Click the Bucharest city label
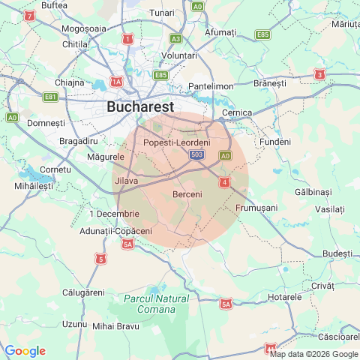pos(140,106)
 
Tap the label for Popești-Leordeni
pos(176,142)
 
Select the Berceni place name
pos(187,195)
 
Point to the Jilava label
pos(126,181)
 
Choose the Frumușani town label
pos(256,207)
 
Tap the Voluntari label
pos(179,55)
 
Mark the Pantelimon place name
pos(211,86)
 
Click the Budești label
pos(337,253)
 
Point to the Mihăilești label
pos(34,184)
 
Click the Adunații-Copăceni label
pos(115,231)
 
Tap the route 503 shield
pos(197,154)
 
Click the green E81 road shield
pos(51,97)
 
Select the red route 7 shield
pos(29,15)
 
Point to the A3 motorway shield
pos(175,38)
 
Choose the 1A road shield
pos(116,81)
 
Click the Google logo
pos(25,351)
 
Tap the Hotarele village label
pos(284,297)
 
